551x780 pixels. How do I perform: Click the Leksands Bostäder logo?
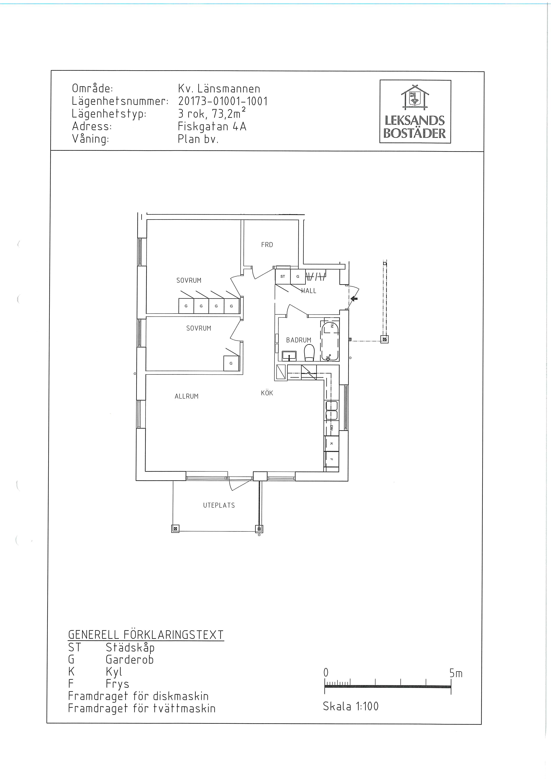(x=415, y=111)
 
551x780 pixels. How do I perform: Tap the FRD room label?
(x=267, y=245)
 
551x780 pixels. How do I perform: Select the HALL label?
(x=309, y=291)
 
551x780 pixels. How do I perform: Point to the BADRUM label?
(x=298, y=340)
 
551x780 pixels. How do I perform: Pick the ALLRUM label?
(x=186, y=396)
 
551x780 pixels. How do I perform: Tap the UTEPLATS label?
(x=219, y=505)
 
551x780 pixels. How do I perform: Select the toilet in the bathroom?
(x=309, y=353)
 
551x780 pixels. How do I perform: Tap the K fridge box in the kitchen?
(x=331, y=444)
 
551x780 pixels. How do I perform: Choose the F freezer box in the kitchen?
(x=331, y=459)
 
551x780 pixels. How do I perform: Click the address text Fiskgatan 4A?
(x=212, y=126)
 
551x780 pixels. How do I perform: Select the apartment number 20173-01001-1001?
(x=223, y=101)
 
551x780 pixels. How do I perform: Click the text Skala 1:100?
(x=350, y=706)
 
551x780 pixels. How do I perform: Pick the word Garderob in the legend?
(x=130, y=659)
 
